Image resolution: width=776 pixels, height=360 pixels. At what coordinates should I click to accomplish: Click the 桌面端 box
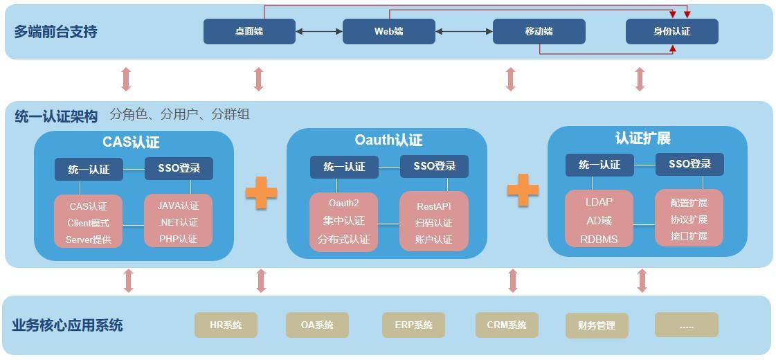(249, 32)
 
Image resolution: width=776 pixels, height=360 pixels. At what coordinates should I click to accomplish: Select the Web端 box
(389, 32)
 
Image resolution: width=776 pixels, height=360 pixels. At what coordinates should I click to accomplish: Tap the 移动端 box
(539, 32)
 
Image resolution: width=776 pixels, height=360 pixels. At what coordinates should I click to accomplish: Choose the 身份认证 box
(672, 32)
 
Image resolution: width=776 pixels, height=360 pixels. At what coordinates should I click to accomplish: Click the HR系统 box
(226, 325)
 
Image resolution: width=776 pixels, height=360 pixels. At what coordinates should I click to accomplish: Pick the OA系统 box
(317, 325)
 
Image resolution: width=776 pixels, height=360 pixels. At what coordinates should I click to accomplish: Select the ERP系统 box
(413, 325)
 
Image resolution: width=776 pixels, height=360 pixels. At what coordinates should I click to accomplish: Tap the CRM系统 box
(507, 325)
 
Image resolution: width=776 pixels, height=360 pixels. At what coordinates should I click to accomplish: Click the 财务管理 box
(597, 325)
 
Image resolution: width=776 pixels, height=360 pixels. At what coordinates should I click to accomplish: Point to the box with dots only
(687, 325)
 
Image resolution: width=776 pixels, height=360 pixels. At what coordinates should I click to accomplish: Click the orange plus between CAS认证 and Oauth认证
(261, 193)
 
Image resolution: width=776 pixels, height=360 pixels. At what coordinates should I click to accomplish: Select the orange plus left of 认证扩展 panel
(523, 190)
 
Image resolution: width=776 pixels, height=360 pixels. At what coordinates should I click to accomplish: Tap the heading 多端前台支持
(55, 32)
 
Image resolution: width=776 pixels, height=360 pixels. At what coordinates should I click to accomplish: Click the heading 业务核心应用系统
(67, 325)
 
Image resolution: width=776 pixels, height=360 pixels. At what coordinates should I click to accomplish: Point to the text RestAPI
(434, 206)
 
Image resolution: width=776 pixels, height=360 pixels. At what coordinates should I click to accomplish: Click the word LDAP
(599, 202)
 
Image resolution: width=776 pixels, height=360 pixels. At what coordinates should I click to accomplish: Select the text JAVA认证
(178, 206)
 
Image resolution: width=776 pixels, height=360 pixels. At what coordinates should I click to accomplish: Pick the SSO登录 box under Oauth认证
(434, 166)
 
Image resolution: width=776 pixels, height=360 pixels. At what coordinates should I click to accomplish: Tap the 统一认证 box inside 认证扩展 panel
(599, 164)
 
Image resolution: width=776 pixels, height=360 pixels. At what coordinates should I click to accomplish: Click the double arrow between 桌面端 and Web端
(319, 32)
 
